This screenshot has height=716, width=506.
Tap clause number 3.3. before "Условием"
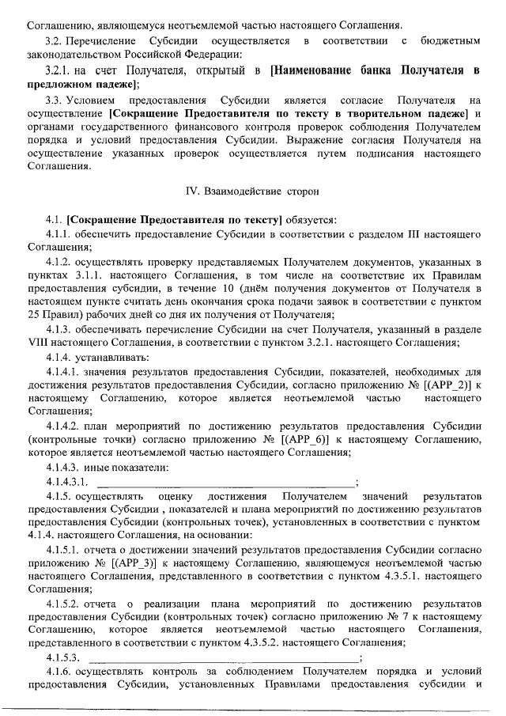pyautogui.click(x=56, y=100)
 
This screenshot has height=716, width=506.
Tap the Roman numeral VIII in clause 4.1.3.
pyautogui.click(x=38, y=343)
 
